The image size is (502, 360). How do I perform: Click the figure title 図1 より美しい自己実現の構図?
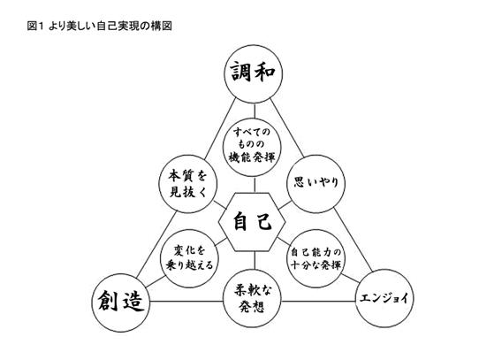[100, 26]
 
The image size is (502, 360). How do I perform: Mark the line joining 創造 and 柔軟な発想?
[186, 301]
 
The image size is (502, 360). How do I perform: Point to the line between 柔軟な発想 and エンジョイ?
[318, 301]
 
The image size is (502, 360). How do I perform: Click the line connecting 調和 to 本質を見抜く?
[220, 129]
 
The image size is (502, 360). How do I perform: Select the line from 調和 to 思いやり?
[286, 128]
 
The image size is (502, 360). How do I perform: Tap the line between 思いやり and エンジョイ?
[354, 240]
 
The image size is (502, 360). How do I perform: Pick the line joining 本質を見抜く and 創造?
[156, 245]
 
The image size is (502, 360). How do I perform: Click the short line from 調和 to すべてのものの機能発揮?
[255, 111]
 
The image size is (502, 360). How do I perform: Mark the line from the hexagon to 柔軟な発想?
[255, 261]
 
